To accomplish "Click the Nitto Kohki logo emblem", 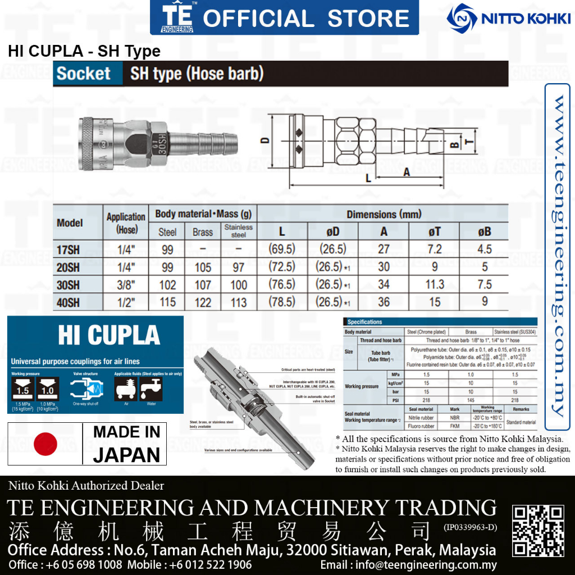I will coord(462,19).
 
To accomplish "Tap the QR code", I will coord(539,531).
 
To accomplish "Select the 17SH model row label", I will coord(69,249).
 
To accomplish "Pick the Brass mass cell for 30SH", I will coord(203,285).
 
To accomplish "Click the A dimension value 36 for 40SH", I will coord(384,302).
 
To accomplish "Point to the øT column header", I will coord(435,232).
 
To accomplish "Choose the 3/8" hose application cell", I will coord(126,285).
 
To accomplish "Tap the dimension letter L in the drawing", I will coord(368,179).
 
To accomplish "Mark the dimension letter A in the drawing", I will coord(407,172).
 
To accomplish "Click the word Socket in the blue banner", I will coord(84,74).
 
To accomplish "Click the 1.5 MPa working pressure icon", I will coord(22,389).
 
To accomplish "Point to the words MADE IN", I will coord(126,432).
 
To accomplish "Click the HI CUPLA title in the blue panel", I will coord(109,335).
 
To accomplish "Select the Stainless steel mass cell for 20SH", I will coord(239,267).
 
